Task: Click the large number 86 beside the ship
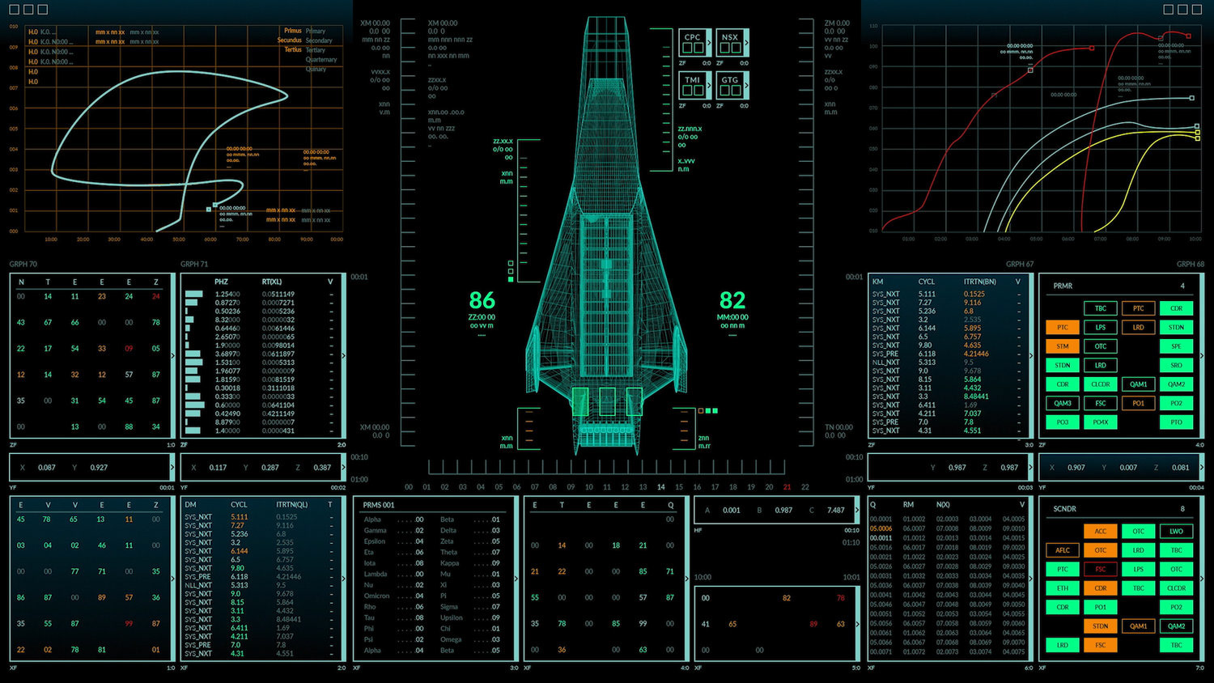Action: [x=482, y=300]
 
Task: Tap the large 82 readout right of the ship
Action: [x=732, y=300]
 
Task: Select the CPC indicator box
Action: [x=693, y=42]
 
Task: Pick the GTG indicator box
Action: [x=730, y=85]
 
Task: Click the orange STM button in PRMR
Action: [x=1063, y=346]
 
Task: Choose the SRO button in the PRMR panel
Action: [x=1176, y=365]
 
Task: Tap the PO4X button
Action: [x=1101, y=422]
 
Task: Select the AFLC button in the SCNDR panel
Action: [x=1063, y=550]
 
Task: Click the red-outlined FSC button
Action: [x=1101, y=569]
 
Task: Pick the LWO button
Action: [x=1176, y=531]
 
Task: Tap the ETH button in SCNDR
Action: [x=1063, y=588]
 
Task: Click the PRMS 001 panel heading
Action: [x=379, y=505]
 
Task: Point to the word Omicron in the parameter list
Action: [x=376, y=596]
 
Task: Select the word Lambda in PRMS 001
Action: [x=376, y=574]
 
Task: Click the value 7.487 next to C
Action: [x=836, y=510]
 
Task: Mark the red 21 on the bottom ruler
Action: [x=787, y=487]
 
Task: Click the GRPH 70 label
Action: [x=23, y=264]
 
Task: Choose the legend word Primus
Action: [x=292, y=31]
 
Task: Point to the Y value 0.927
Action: [x=99, y=468]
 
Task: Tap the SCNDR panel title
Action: [x=1064, y=509]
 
